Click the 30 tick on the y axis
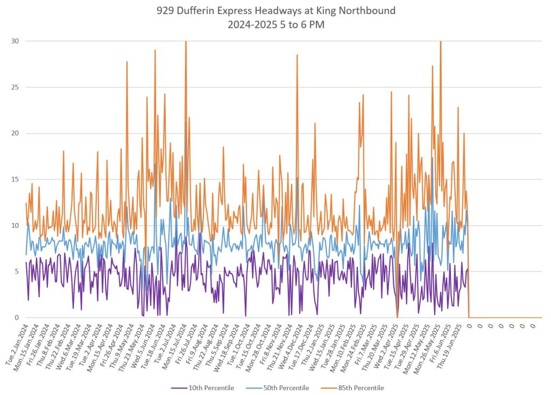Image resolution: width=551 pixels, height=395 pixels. tap(16, 41)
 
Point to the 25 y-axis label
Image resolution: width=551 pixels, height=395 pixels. tap(16, 87)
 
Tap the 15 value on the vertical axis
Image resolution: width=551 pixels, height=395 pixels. tap(16, 179)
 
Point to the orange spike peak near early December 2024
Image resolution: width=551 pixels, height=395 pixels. tap(296, 55)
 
